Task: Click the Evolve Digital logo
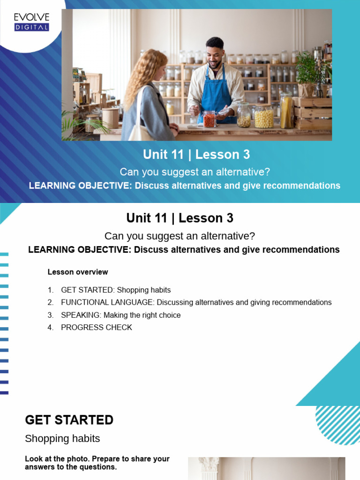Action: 31,22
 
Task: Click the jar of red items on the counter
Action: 210,119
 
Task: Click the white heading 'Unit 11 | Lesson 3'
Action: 196,155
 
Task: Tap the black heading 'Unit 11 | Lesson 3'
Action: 180,218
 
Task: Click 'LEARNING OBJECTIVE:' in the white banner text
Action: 80,186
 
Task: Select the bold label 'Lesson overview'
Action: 78,272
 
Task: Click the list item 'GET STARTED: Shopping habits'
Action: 116,290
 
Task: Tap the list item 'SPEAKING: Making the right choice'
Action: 120,315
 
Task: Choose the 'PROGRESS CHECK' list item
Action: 97,328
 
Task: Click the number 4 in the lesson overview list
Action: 50,328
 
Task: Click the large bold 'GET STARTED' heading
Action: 69,420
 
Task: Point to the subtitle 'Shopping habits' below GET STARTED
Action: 62,439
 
